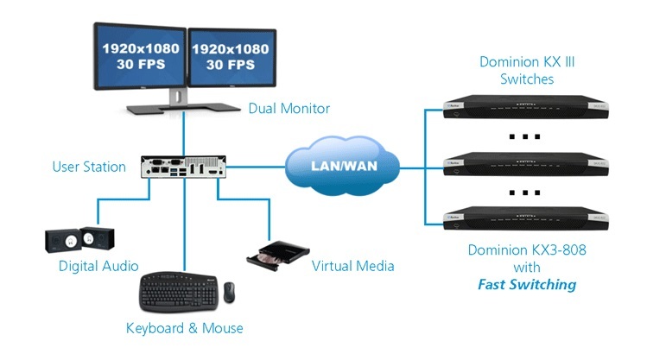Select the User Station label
89,166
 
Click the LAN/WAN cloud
343,165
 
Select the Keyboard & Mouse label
184,328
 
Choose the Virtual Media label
352,266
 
